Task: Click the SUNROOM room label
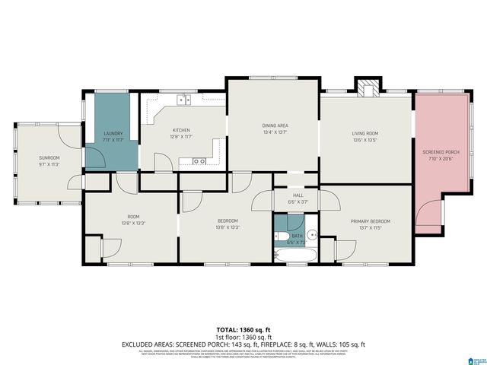click(x=49, y=157)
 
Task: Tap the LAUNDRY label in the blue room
click(x=113, y=134)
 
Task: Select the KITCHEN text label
click(x=180, y=130)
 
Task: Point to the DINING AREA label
click(x=275, y=125)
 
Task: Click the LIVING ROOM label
click(x=365, y=134)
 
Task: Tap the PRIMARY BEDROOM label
click(x=365, y=221)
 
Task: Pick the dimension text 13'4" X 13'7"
click(x=275, y=132)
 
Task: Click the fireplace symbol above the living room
click(x=367, y=87)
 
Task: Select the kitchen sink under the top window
click(x=183, y=99)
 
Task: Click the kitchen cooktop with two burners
click(x=199, y=161)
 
